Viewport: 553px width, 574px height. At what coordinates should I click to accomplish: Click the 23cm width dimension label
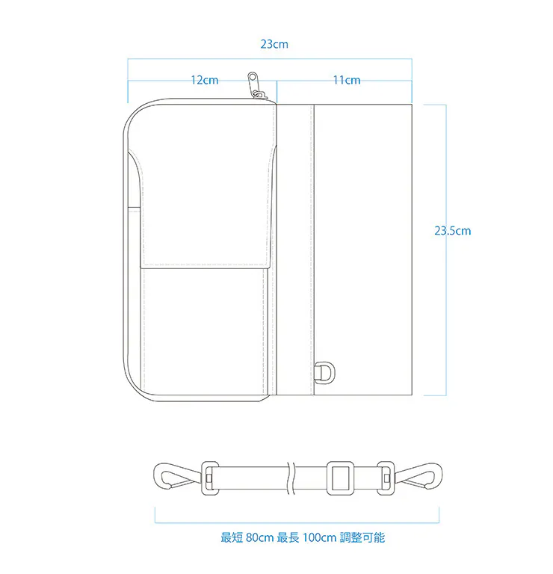pyautogui.click(x=274, y=44)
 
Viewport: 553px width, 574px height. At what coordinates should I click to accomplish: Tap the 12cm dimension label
pyautogui.click(x=205, y=80)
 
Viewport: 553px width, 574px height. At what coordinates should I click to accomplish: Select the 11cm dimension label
pyautogui.click(x=347, y=80)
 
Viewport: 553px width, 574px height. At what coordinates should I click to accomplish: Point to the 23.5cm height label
pyautogui.click(x=452, y=231)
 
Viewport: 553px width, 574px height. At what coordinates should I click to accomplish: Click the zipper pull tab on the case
pyautogui.click(x=253, y=84)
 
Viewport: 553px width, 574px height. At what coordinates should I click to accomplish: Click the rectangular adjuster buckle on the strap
pyautogui.click(x=340, y=478)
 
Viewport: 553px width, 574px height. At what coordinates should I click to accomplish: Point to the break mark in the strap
pyautogui.click(x=291, y=478)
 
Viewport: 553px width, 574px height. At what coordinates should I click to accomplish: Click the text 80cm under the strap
pyautogui.click(x=260, y=537)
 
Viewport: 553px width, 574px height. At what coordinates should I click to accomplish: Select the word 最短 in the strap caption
pyautogui.click(x=232, y=537)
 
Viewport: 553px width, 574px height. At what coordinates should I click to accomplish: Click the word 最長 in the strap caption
pyautogui.click(x=288, y=537)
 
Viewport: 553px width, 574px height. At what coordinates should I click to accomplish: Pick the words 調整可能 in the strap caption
pyautogui.click(x=362, y=537)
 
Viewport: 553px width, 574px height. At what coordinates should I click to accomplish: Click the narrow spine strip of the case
pyautogui.click(x=295, y=250)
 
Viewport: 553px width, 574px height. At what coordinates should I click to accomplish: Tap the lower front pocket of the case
pyautogui.click(x=204, y=331)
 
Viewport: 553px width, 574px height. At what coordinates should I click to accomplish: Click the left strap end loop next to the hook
pyautogui.click(x=210, y=478)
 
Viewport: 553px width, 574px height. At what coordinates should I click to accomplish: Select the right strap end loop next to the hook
pyautogui.click(x=386, y=478)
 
